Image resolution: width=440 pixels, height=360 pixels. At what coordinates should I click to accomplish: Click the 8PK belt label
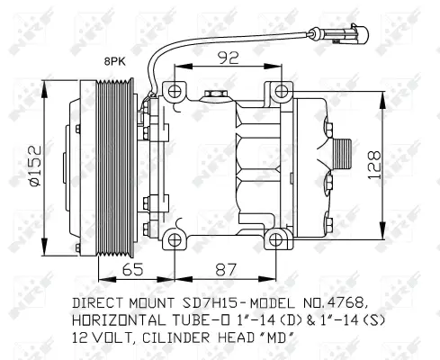(113, 62)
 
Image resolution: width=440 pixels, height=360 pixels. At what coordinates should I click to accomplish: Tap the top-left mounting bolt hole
(172, 90)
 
